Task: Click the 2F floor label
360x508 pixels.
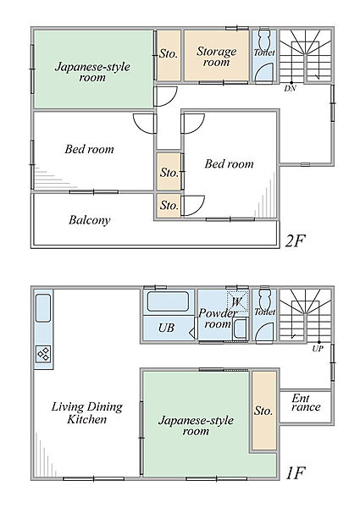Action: click(296, 240)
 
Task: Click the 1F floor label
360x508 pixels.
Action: click(296, 473)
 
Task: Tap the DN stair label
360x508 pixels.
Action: click(290, 88)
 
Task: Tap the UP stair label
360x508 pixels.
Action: click(318, 349)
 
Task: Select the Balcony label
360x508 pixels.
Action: click(90, 220)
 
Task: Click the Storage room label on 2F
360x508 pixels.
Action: click(217, 56)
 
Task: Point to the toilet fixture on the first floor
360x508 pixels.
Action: click(265, 300)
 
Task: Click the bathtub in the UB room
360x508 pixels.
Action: click(168, 301)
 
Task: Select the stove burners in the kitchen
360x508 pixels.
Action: click(43, 354)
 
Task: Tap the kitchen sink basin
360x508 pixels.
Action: click(43, 308)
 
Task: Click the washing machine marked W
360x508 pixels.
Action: click(237, 302)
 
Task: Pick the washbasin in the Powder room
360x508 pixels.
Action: click(241, 329)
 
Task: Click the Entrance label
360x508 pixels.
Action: click(306, 403)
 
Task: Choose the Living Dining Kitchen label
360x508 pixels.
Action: click(87, 413)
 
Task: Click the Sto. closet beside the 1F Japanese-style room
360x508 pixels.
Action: click(264, 411)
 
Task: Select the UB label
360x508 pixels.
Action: click(167, 328)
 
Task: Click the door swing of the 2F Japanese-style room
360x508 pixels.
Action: click(165, 97)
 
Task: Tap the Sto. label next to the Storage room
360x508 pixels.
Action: click(169, 53)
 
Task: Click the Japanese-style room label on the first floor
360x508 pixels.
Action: click(196, 426)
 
